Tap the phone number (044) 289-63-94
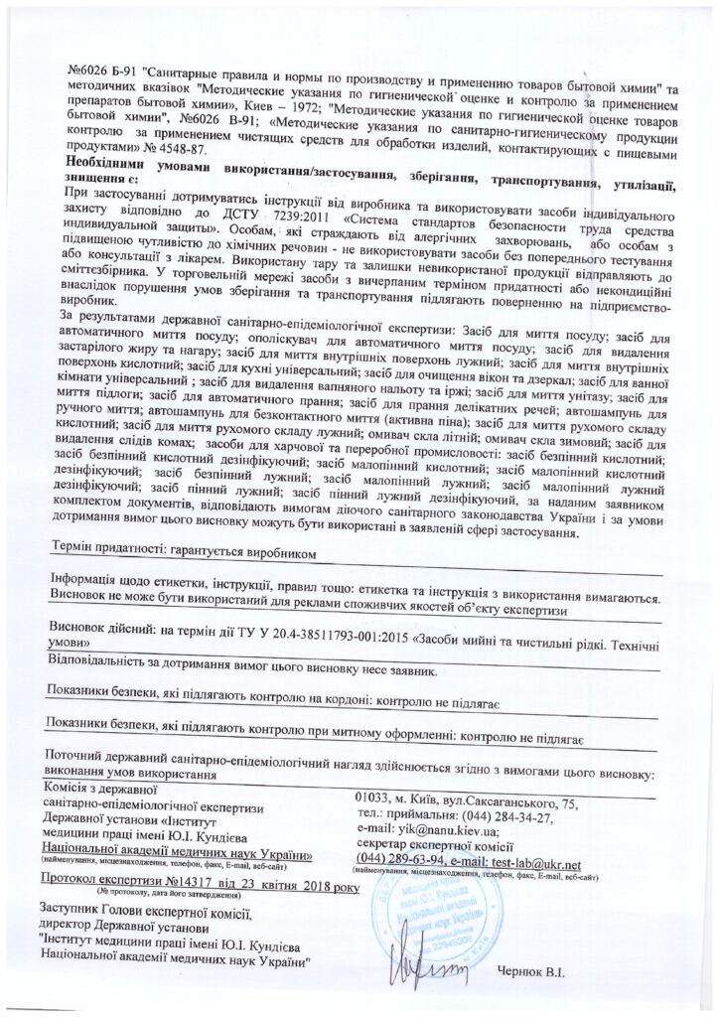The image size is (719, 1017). tap(396, 862)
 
